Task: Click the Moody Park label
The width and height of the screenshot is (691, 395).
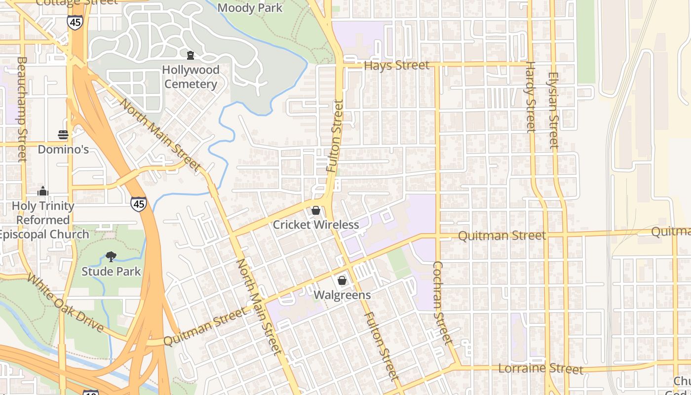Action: (x=250, y=8)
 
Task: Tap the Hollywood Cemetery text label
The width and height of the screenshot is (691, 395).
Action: (x=191, y=77)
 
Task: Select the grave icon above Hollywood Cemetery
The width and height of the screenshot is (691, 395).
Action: (x=191, y=55)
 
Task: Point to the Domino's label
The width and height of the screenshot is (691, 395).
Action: (x=63, y=149)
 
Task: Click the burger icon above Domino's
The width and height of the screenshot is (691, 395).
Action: (x=63, y=134)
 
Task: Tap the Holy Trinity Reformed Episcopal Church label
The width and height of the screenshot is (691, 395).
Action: (x=43, y=220)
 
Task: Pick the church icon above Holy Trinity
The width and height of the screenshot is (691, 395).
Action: (x=43, y=191)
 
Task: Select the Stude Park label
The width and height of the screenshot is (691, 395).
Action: (x=111, y=272)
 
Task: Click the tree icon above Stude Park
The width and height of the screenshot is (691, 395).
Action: (x=111, y=256)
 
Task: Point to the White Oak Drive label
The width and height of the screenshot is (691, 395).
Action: (x=65, y=303)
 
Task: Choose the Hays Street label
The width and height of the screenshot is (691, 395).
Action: (x=396, y=65)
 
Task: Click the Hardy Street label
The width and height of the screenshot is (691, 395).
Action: (x=531, y=97)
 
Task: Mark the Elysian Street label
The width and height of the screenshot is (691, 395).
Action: (x=553, y=111)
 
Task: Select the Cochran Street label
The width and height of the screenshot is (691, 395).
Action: (x=442, y=303)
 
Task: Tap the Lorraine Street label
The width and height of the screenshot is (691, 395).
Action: (x=540, y=368)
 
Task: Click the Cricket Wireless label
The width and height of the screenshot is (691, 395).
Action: (x=316, y=225)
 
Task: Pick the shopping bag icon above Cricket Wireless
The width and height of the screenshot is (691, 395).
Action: (x=316, y=211)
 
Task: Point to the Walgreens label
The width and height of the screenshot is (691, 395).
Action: (x=342, y=295)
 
